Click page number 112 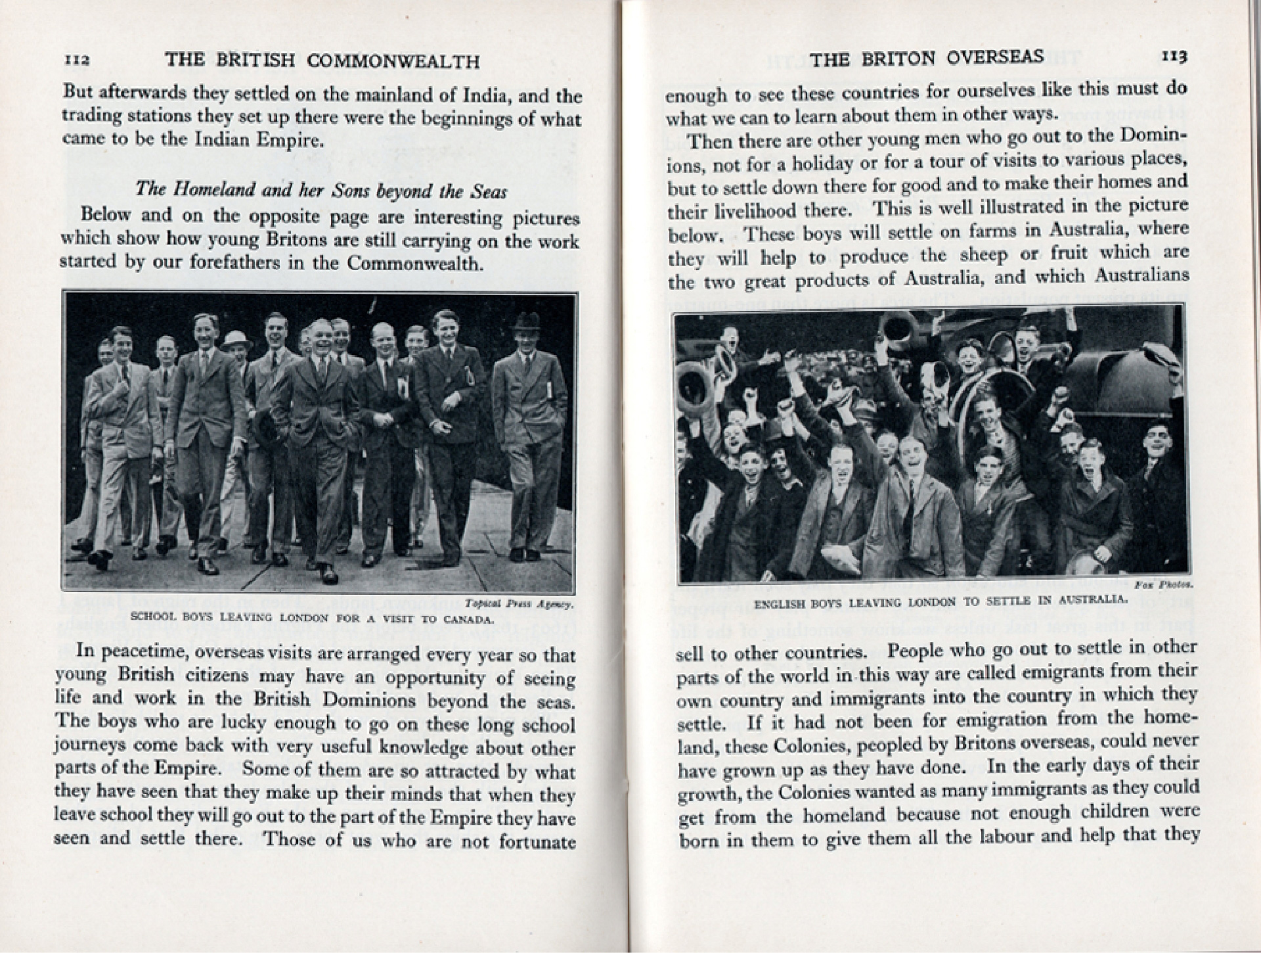tap(77, 60)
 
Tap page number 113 tap(1174, 57)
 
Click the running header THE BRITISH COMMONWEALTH tap(322, 61)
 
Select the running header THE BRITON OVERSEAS tap(927, 58)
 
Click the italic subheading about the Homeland tap(321, 191)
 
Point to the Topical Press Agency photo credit tap(519, 603)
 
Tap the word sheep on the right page tap(974, 255)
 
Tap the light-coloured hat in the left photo tap(236, 339)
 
